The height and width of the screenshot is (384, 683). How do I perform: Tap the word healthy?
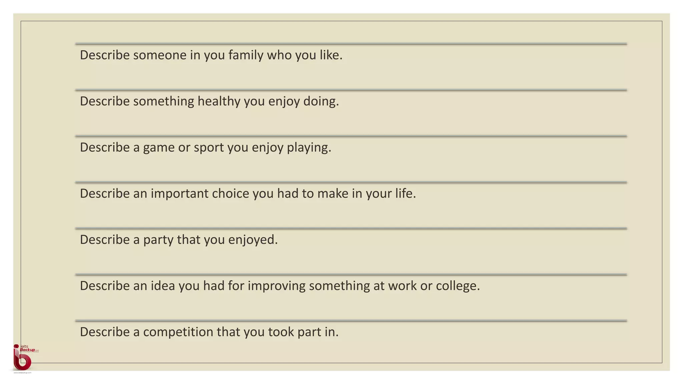pyautogui.click(x=218, y=101)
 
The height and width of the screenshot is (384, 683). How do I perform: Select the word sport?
pyautogui.click(x=209, y=148)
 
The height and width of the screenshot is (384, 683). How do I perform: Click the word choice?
pyautogui.click(x=230, y=194)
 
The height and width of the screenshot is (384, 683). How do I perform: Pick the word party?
pyautogui.click(x=158, y=240)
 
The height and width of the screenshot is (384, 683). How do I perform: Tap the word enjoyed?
pyautogui.click(x=252, y=240)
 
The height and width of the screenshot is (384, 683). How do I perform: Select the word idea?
pyautogui.click(x=163, y=286)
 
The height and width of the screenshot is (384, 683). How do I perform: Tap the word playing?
pyautogui.click(x=308, y=148)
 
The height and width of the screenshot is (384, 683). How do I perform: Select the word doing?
pyautogui.click(x=320, y=101)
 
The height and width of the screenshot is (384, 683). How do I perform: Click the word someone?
pyautogui.click(x=160, y=55)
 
